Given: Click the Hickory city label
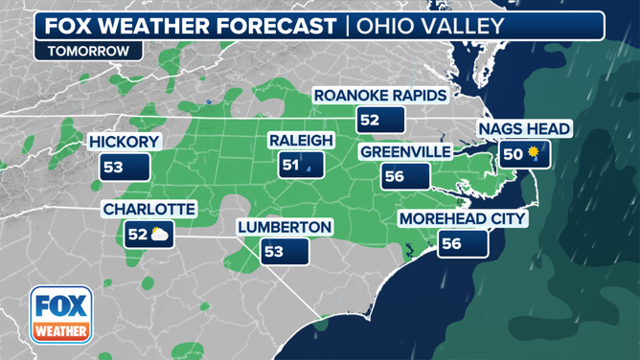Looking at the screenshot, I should (x=124, y=142).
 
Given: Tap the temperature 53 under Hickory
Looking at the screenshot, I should (x=114, y=168).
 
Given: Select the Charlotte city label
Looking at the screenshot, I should (x=149, y=209).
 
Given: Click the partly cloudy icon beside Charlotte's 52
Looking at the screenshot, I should (x=161, y=234).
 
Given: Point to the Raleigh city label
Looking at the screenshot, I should (x=300, y=141).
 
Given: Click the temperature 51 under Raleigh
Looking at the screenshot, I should (x=290, y=166).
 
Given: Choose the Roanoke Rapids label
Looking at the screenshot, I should (x=380, y=96).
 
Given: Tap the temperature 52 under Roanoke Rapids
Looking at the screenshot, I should (x=369, y=121).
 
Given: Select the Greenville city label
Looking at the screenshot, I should (x=404, y=151).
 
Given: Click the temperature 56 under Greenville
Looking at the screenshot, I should (x=394, y=177).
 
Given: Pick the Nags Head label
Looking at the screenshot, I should (x=525, y=128).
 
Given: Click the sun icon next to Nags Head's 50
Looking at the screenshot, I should (x=535, y=153).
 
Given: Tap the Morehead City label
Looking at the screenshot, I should (x=463, y=219).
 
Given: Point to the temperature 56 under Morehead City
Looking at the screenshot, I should (x=450, y=244).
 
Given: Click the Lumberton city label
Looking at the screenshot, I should (x=285, y=227).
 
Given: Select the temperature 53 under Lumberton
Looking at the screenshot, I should (x=274, y=252).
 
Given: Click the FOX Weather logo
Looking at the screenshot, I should (x=61, y=315).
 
